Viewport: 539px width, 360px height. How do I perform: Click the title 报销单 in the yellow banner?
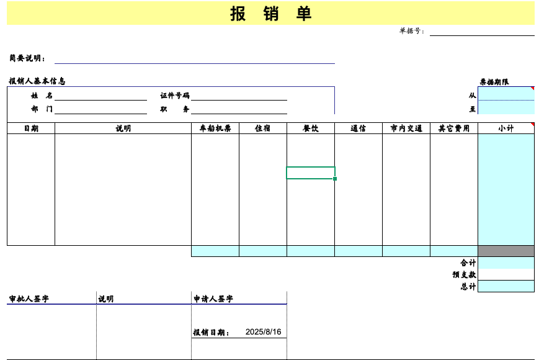(270, 14)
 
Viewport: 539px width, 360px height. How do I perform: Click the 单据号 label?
(411, 31)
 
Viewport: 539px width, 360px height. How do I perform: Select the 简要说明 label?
(27, 58)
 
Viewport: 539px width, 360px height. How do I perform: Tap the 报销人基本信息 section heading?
(37, 81)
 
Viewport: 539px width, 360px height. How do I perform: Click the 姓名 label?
(42, 95)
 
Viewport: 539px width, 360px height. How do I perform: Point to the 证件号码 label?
(175, 95)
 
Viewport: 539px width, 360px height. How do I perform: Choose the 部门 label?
(42, 109)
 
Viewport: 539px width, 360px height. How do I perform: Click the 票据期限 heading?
(494, 82)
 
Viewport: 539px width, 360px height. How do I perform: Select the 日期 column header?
(31, 128)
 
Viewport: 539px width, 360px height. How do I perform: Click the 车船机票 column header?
(215, 128)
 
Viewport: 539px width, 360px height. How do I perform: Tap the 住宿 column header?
(262, 128)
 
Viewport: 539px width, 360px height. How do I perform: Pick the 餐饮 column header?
(310, 128)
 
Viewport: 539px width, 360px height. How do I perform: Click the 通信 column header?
(358, 128)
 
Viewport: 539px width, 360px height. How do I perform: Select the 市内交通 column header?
(406, 128)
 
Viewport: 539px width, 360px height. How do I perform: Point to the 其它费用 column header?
(454, 128)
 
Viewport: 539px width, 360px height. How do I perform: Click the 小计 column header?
(506, 128)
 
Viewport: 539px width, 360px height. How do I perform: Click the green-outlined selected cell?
(311, 173)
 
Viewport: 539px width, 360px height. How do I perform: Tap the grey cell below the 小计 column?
(506, 251)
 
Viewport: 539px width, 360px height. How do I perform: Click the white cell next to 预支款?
(506, 274)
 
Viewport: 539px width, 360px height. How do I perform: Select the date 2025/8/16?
(264, 332)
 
